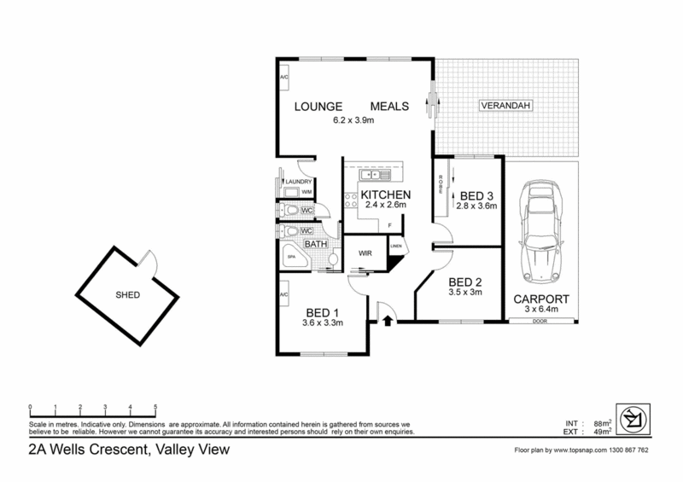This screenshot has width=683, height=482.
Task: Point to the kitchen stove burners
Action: click(x=347, y=201)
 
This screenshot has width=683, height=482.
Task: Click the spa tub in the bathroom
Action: click(x=291, y=256)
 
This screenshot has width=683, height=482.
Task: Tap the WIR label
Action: click(x=365, y=253)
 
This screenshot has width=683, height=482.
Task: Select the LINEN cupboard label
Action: click(x=396, y=247)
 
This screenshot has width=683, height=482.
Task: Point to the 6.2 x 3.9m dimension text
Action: click(x=353, y=120)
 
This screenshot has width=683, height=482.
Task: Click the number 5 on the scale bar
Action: click(x=155, y=407)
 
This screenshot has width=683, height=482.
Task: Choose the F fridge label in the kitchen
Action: click(x=390, y=225)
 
